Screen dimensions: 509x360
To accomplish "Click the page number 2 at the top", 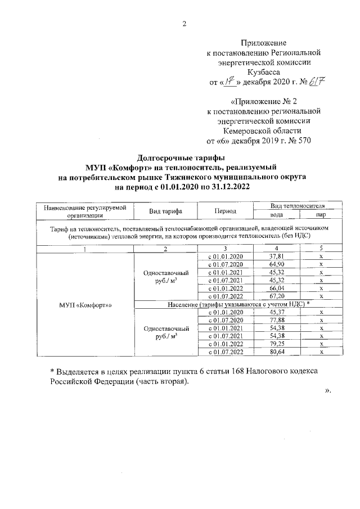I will (184, 24).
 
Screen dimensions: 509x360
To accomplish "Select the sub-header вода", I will (277, 214).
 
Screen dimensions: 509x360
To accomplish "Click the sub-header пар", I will (321, 214).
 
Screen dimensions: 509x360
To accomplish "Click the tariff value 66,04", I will (277, 287).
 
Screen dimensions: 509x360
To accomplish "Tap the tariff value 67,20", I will (277, 296).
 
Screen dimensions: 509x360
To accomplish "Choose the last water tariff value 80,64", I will (277, 352).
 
